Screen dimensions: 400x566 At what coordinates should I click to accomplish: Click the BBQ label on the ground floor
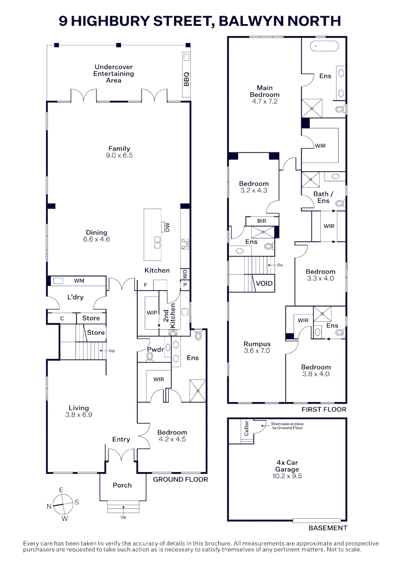[x=186, y=79]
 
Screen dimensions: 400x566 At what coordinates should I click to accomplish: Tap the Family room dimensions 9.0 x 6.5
[x=119, y=155]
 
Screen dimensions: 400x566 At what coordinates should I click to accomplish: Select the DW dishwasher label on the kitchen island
[x=167, y=227]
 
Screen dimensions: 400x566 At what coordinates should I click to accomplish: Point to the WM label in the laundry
[x=79, y=280]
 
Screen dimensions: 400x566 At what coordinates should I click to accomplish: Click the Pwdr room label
[x=156, y=350]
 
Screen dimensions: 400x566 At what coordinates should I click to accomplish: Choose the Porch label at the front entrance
[x=122, y=485]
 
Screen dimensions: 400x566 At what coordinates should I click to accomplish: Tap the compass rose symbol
[x=63, y=504]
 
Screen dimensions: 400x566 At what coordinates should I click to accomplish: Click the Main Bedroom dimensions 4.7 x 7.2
[x=265, y=102]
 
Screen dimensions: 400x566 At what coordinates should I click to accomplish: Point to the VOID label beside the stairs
[x=264, y=284]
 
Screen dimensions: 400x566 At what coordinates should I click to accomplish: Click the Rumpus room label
[x=257, y=344]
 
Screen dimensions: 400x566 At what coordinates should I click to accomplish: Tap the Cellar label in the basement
[x=247, y=428]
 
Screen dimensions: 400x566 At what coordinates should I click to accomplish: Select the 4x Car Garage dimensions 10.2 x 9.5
[x=287, y=476]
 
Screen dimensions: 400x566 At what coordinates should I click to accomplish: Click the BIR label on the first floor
[x=262, y=221]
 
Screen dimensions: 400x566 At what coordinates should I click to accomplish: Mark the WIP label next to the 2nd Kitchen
[x=152, y=312]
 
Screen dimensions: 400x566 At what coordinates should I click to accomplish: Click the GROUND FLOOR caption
[x=180, y=480]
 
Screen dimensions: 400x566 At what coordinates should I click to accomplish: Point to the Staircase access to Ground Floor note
[x=287, y=426]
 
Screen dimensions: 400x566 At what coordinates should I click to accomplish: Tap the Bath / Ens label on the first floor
[x=323, y=197]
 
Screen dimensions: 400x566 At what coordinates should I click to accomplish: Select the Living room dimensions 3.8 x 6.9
[x=79, y=415]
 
